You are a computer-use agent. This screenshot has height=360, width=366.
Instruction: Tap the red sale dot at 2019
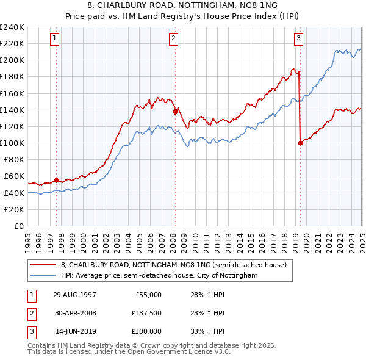click(x=300, y=143)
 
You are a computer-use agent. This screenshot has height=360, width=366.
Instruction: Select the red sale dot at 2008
click(x=175, y=112)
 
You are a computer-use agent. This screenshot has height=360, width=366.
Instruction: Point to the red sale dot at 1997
click(x=57, y=180)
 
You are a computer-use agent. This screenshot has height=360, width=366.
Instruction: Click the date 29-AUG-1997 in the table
click(x=74, y=295)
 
